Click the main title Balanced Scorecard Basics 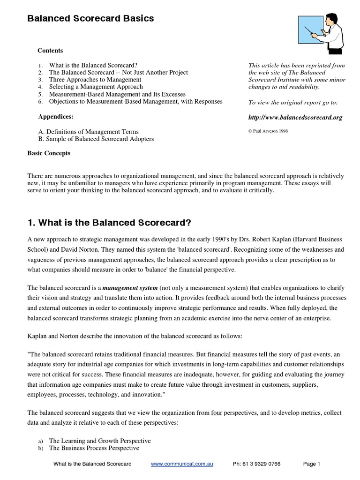click(x=90, y=19)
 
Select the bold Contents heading click(x=50, y=51)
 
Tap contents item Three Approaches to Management click(x=95, y=80)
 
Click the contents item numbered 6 click(x=135, y=101)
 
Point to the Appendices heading click(x=55, y=116)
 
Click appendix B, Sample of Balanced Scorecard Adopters click(x=96, y=139)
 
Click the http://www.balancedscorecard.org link click(x=295, y=118)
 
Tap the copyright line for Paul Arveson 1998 click(x=268, y=131)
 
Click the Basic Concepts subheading click(x=49, y=153)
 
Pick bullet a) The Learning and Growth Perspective click(x=99, y=441)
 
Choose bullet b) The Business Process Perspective click(x=94, y=448)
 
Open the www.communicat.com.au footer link click(x=182, y=464)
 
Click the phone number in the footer click(x=256, y=464)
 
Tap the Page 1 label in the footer click(x=312, y=464)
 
